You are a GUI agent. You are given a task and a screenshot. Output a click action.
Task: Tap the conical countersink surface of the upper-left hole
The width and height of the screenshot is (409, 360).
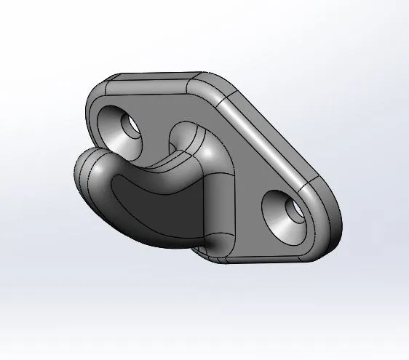[x=116, y=125]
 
